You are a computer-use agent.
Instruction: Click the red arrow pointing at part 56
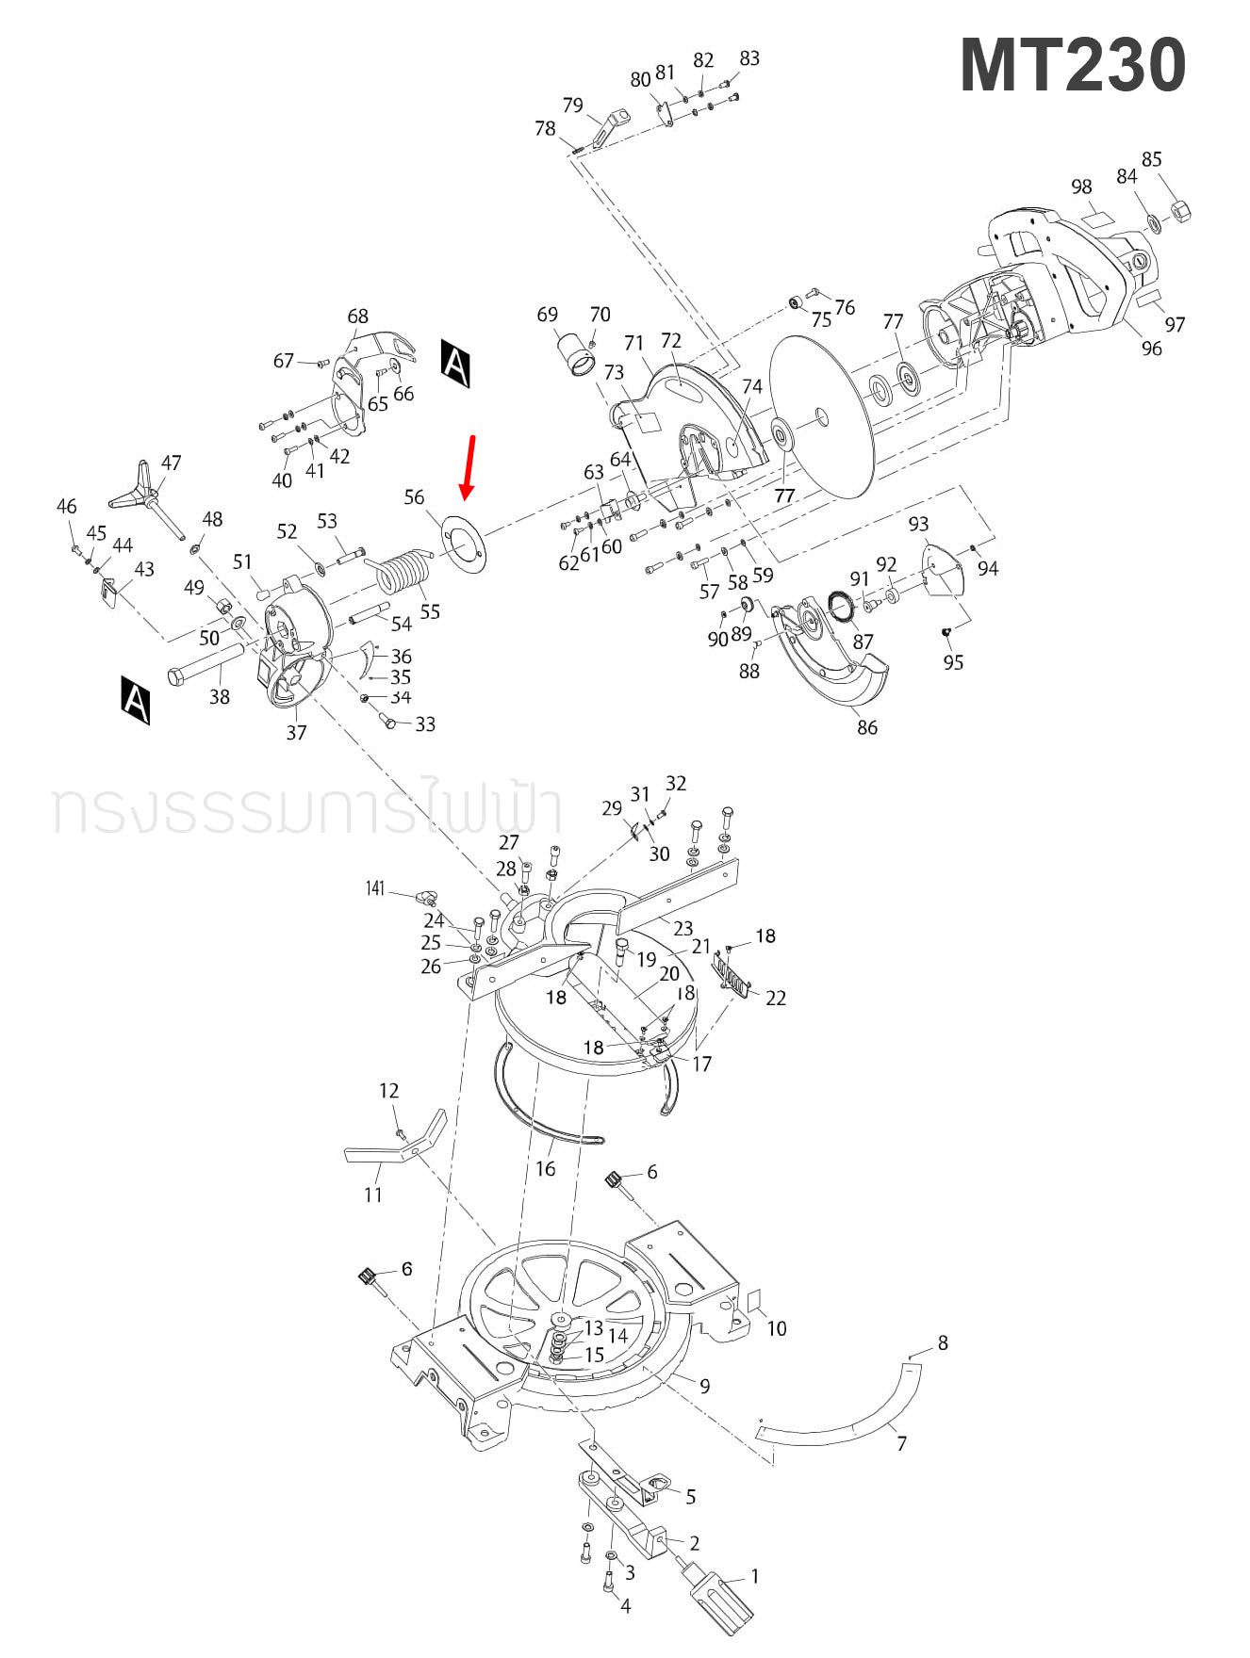(468, 467)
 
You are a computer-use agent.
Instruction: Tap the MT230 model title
(1072, 65)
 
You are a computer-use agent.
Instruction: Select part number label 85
(1151, 159)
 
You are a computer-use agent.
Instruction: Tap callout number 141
(375, 888)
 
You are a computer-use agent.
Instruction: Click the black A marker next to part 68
(455, 364)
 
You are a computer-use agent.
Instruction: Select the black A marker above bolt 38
(136, 699)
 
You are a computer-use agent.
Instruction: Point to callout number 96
(1151, 349)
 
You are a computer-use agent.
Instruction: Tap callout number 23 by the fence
(683, 928)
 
